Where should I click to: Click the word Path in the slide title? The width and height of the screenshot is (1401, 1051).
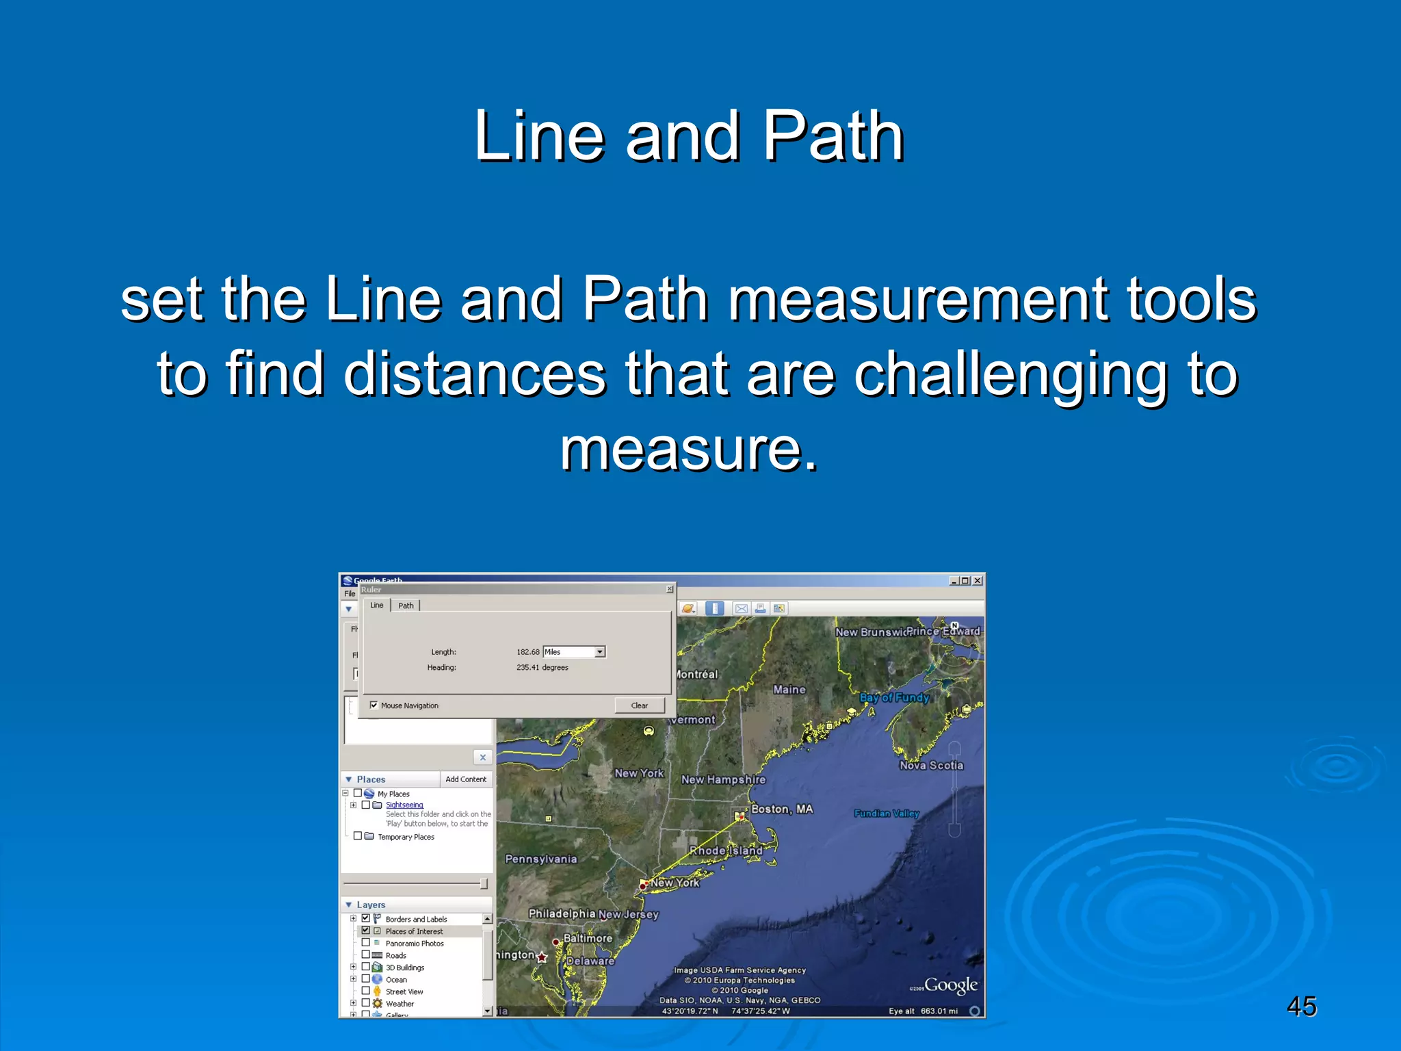pyautogui.click(x=833, y=136)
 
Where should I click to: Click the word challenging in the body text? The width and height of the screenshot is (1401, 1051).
pyautogui.click(x=1010, y=374)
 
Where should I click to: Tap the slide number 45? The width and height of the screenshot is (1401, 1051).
pyautogui.click(x=1301, y=1007)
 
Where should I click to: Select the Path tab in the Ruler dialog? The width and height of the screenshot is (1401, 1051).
pyautogui.click(x=406, y=606)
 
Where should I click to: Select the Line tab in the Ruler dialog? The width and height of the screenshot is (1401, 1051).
pyautogui.click(x=377, y=606)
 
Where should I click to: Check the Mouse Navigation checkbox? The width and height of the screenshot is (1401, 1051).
pyautogui.click(x=374, y=705)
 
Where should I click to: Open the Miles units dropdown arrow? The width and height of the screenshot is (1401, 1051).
pyautogui.click(x=600, y=652)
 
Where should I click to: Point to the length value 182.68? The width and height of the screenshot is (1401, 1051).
pyautogui.click(x=527, y=652)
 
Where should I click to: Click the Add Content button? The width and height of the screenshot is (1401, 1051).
pyautogui.click(x=466, y=779)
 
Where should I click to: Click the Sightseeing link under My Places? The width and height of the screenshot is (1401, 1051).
pyautogui.click(x=404, y=805)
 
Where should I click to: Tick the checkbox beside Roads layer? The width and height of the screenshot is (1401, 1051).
pyautogui.click(x=366, y=955)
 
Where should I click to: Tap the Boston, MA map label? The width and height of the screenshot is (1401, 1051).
pyautogui.click(x=782, y=809)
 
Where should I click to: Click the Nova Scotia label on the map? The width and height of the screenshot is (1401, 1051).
pyautogui.click(x=931, y=765)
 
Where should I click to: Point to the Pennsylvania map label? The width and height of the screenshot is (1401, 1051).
pyautogui.click(x=540, y=859)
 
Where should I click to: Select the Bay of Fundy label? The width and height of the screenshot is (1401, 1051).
pyautogui.click(x=894, y=697)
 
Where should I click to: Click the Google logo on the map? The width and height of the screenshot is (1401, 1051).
pyautogui.click(x=950, y=985)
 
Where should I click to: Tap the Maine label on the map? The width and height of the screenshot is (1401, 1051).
pyautogui.click(x=789, y=690)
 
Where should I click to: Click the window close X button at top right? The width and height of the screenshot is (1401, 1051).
pyautogui.click(x=978, y=581)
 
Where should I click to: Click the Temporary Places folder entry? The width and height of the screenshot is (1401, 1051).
pyautogui.click(x=406, y=837)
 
